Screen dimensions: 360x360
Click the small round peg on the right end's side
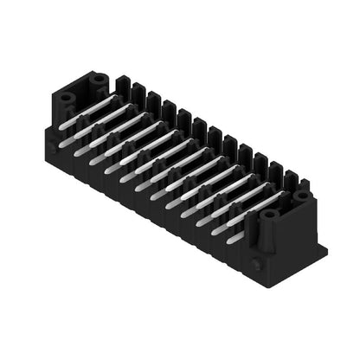click(x=256, y=261)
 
